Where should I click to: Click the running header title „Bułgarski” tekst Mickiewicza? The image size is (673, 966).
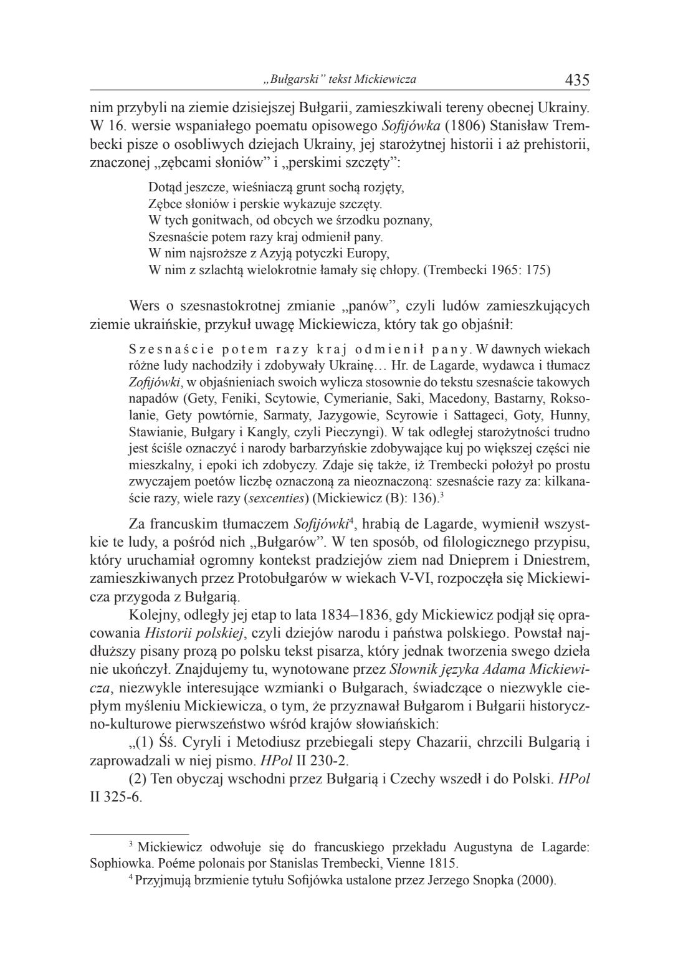pos(340,80)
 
